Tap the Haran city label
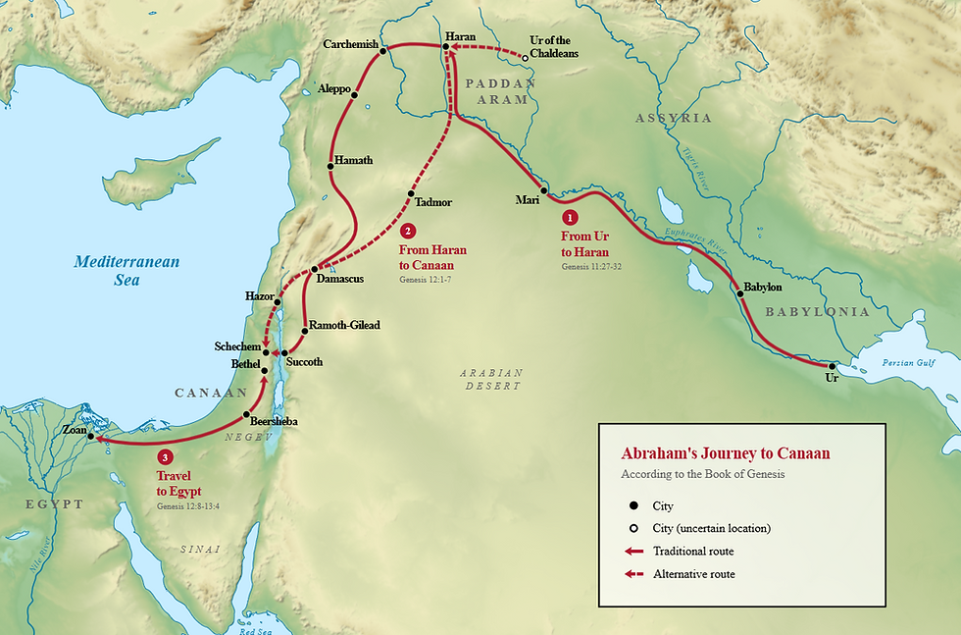pos(460,36)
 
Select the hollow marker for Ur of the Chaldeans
pos(525,58)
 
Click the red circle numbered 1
pos(568,216)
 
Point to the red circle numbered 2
pos(409,232)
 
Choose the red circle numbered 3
pos(165,456)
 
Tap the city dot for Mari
pos(542,189)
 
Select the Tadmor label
pos(432,202)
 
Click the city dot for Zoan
pos(90,435)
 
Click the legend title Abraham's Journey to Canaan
pos(726,453)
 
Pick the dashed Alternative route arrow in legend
pos(633,574)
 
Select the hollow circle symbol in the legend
pos(633,528)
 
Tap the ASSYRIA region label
pos(673,118)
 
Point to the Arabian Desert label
pos(491,379)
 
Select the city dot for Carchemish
pos(384,49)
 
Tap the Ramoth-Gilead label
pos(343,325)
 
